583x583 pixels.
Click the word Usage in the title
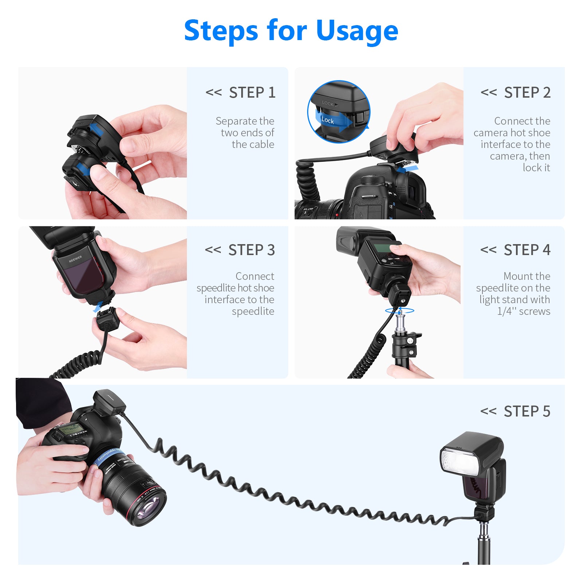pos(357,31)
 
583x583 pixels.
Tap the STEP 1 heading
pos(252,93)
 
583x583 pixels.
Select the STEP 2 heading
pos(527,93)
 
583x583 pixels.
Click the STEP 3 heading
pos(251,250)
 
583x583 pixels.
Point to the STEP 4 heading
pos(527,250)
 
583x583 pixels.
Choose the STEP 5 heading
pos(527,411)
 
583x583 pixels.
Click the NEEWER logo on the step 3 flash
pos(75,259)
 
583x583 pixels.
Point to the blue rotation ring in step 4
pos(400,311)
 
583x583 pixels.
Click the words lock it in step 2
pos(536,168)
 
